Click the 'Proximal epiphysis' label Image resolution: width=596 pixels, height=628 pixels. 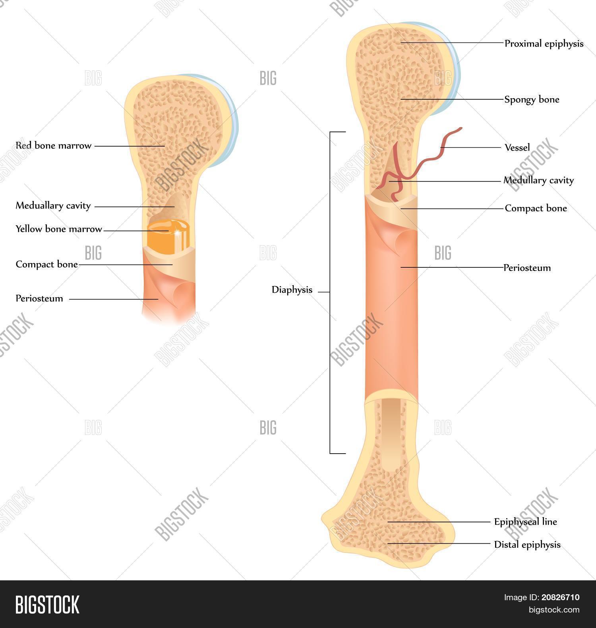544,44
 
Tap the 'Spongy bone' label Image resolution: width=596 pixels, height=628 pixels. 532,99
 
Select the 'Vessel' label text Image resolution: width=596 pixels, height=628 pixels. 517,148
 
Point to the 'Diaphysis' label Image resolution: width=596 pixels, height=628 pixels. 292,290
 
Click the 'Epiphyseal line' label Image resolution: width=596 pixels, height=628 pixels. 525,522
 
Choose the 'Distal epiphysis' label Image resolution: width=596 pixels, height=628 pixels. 527,544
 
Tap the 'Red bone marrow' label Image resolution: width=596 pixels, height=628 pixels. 53,146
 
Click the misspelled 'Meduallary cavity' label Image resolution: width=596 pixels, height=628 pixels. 53,206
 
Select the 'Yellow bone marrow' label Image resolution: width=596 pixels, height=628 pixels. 58,229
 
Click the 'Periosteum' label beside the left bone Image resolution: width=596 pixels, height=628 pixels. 39,299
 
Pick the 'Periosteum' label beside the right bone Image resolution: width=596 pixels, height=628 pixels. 527,268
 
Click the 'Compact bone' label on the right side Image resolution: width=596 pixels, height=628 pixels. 536,208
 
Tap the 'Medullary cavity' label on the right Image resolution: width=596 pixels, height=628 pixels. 538,181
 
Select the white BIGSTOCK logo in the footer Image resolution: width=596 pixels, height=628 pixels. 47,604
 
